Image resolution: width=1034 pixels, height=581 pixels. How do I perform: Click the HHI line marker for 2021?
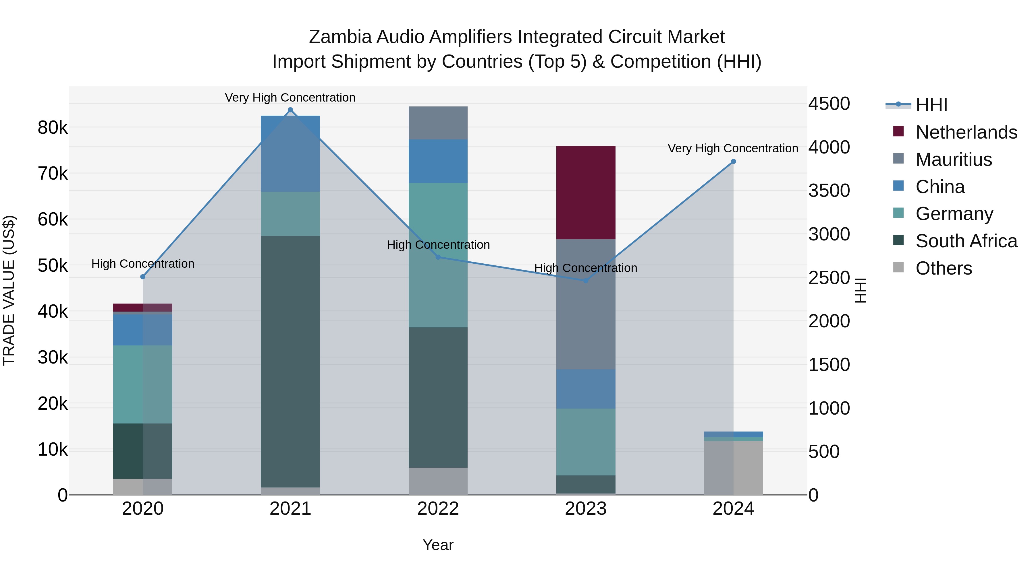coord(290,110)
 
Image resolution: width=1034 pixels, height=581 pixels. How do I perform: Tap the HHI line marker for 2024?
coord(733,162)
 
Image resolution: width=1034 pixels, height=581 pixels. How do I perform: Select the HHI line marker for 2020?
coord(143,277)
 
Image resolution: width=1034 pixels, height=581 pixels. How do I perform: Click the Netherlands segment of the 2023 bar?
coord(586,193)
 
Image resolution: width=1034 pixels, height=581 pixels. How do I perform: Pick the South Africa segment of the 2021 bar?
coord(290,361)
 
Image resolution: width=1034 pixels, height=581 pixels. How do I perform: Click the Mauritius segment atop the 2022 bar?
coord(438,123)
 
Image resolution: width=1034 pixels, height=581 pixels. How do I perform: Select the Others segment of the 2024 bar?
coord(733,468)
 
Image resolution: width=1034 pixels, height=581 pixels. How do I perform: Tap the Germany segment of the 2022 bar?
coord(438,255)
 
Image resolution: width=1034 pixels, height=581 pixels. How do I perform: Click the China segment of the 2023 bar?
coord(586,389)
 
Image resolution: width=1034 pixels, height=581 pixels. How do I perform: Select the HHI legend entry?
coord(931,105)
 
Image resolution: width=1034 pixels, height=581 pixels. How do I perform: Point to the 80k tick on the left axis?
coord(53,128)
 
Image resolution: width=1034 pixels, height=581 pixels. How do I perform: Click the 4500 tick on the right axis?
coord(829,104)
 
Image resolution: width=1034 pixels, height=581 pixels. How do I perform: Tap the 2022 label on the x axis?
coord(438,509)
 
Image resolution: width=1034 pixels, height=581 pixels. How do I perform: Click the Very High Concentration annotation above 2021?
coord(290,98)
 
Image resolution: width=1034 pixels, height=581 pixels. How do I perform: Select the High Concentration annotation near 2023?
coord(586,268)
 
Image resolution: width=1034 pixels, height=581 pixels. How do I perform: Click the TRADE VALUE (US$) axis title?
coord(9,290)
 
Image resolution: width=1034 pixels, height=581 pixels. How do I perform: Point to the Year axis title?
coord(438,545)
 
